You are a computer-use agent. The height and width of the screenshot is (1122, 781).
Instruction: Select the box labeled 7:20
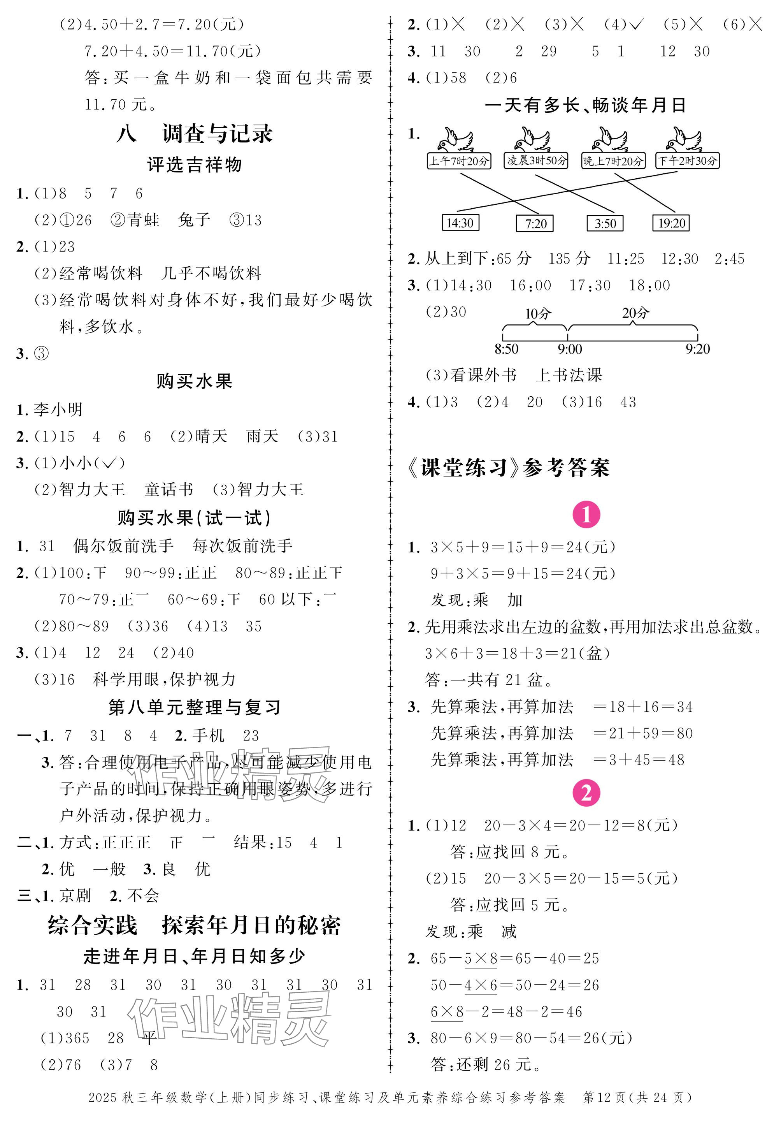(535, 224)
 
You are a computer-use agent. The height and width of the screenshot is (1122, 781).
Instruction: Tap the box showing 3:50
(605, 224)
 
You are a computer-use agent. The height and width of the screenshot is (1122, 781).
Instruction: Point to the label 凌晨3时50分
(536, 160)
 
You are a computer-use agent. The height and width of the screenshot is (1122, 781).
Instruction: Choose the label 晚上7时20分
(613, 161)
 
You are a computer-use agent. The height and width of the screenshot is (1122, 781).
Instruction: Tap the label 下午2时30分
(687, 160)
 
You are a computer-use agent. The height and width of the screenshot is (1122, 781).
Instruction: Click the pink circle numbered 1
(586, 515)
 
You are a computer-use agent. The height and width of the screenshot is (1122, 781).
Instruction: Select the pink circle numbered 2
(586, 793)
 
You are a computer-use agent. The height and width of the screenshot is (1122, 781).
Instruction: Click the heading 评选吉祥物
(195, 165)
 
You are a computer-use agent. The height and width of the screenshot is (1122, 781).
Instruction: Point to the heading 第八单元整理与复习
(195, 707)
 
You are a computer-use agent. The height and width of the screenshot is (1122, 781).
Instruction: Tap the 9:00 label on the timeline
(570, 349)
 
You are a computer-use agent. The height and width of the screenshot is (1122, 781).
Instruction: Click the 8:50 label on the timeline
(507, 349)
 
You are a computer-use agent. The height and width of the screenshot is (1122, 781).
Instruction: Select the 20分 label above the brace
(635, 313)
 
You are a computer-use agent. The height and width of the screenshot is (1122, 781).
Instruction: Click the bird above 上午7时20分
(455, 140)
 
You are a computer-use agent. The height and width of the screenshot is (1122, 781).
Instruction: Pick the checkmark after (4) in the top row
(637, 24)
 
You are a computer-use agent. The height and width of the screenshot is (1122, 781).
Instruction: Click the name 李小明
(58, 410)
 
